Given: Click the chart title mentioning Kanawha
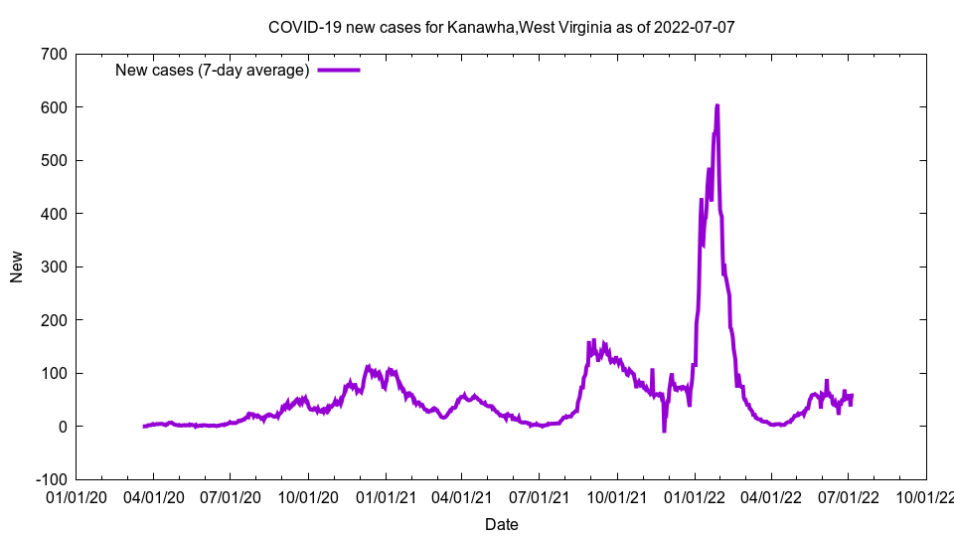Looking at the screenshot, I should [501, 27].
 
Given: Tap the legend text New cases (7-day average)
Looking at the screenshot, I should [213, 70].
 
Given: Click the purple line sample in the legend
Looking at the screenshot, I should [338, 70].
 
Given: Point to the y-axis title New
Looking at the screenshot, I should [17, 267].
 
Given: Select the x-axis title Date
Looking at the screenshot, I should [501, 524].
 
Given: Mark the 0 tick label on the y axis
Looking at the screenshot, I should [62, 427].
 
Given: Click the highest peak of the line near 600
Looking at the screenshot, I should [716, 105].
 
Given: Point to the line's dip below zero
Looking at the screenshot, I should [664, 431].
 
